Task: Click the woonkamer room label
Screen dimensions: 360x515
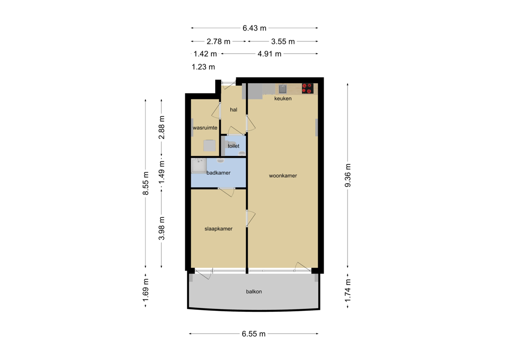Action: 283,176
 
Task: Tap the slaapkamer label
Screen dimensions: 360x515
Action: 218,229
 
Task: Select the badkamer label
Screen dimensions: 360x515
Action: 218,173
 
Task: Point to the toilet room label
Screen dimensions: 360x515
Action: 233,146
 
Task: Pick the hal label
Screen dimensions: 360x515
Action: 233,109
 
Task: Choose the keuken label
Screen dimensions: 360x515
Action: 283,98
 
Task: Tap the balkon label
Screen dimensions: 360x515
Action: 254,291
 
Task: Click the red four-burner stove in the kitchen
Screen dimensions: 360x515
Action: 307,88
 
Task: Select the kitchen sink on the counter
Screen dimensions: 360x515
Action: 283,88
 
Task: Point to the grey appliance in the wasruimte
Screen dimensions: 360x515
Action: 209,146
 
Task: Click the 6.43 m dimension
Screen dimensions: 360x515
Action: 254,28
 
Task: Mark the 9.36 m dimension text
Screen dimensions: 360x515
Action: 348,176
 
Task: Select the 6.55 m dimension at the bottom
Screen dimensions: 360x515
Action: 254,334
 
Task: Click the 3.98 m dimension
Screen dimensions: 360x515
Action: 161,228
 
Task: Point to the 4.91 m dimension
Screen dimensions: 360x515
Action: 269,53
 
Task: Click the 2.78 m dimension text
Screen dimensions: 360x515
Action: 218,41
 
